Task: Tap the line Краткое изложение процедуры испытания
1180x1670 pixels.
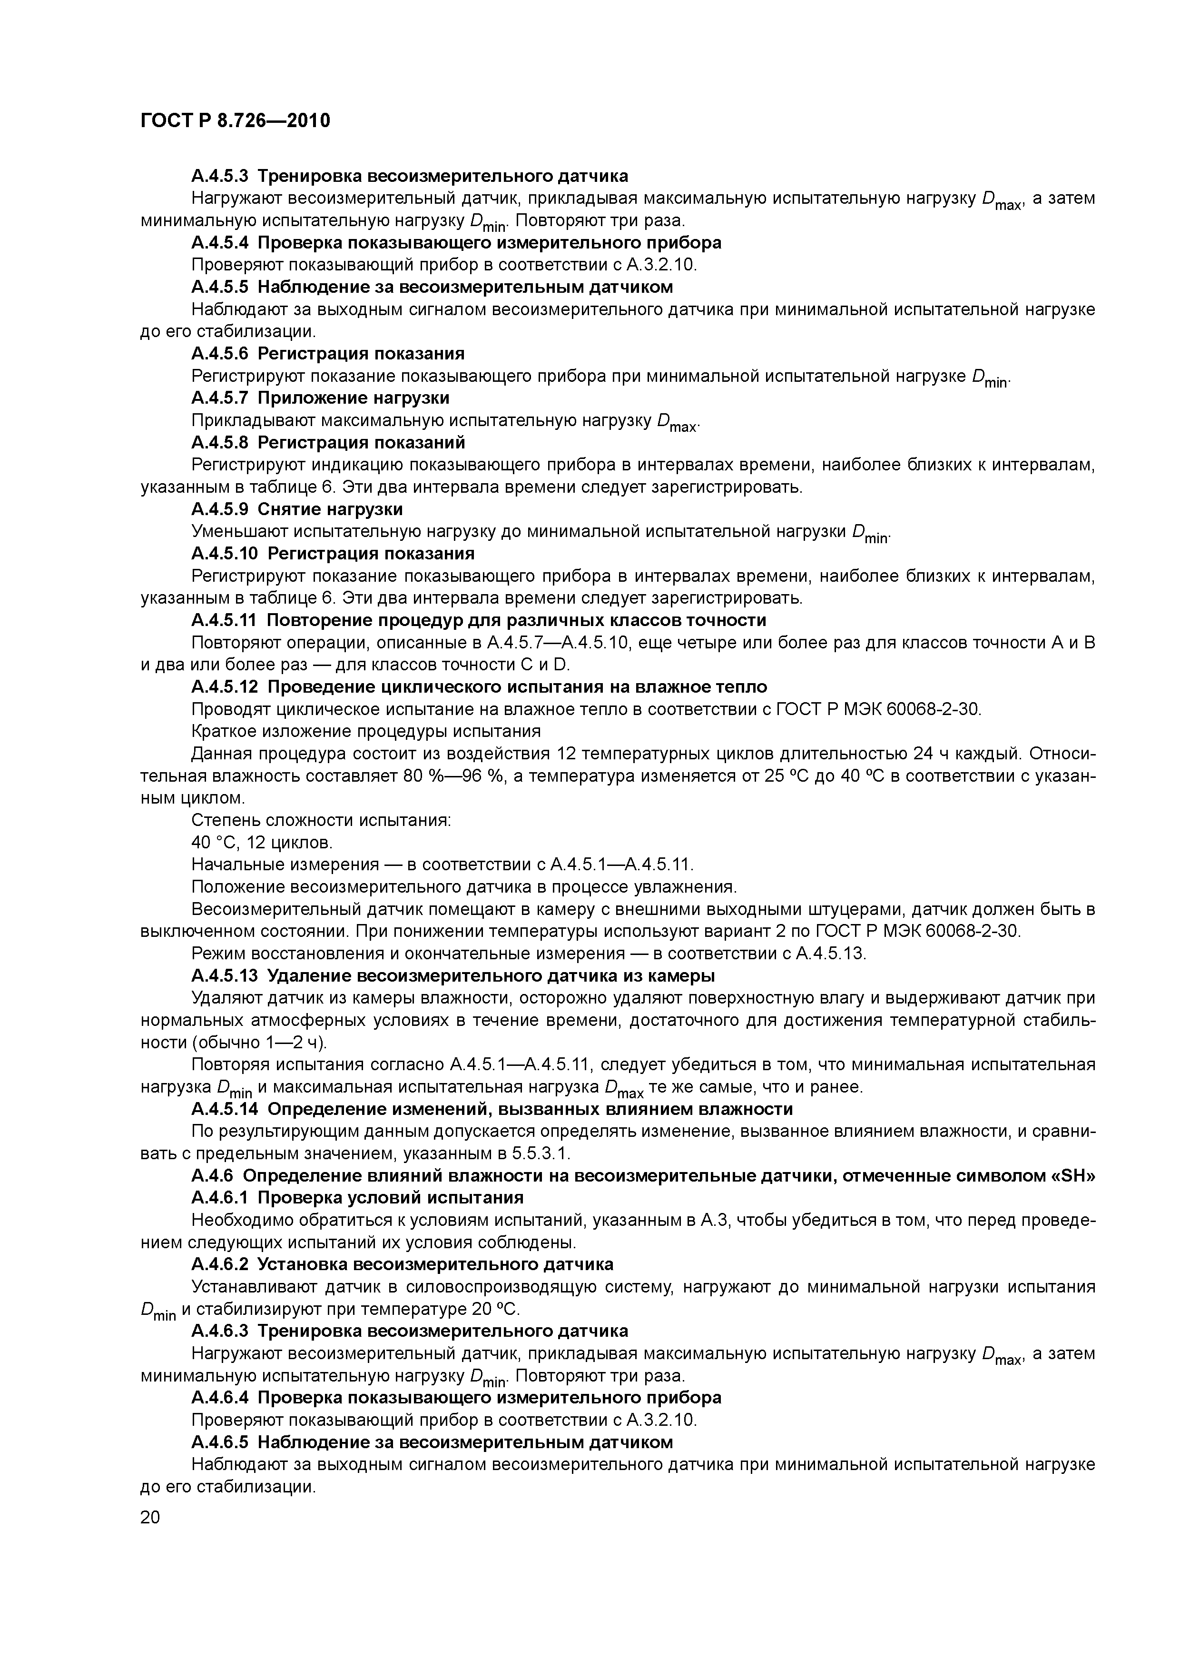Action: coord(366,731)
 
